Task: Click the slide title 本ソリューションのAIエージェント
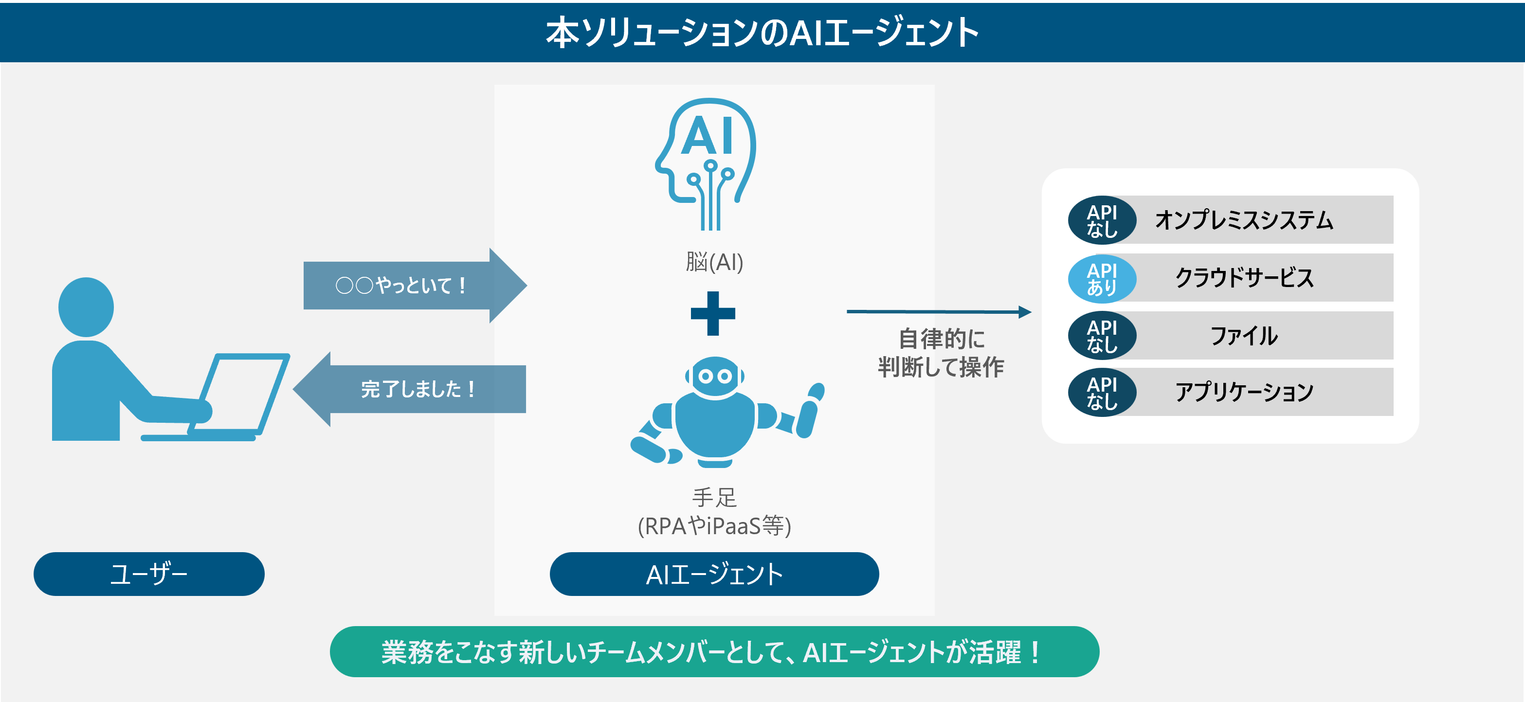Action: coord(762,32)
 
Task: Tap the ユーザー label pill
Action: coord(148,574)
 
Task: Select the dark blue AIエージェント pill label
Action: coord(714,574)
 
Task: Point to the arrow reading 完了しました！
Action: coord(415,389)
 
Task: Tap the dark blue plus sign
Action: coord(713,313)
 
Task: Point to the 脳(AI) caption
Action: coord(714,262)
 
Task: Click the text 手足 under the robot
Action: coord(714,497)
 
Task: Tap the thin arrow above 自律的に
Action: coord(938,311)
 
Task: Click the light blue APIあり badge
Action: coord(1102,278)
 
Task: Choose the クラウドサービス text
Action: coord(1244,278)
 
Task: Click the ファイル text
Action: coord(1244,336)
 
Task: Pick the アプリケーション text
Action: coord(1244,392)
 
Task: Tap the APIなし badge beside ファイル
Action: coord(1102,336)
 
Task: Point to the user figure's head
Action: coord(87,306)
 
